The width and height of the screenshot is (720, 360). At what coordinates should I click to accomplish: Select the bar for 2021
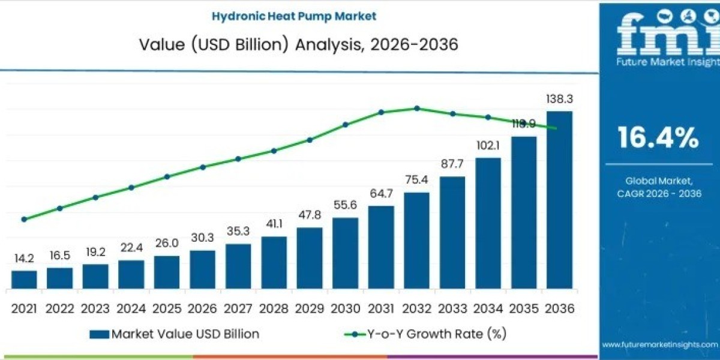[24, 280]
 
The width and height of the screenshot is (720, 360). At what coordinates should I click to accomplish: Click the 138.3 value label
[559, 99]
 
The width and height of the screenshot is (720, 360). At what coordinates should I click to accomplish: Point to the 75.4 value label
[416, 181]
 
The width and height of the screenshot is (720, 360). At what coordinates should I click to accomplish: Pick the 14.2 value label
[24, 259]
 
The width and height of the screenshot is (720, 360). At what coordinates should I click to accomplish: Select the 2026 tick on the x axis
[202, 308]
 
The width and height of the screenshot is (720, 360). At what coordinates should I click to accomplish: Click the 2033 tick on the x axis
[452, 308]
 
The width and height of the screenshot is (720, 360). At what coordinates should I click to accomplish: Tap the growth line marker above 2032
[417, 109]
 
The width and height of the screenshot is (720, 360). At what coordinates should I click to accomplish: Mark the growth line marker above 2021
[24, 220]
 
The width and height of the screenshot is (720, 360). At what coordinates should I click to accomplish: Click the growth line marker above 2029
[310, 140]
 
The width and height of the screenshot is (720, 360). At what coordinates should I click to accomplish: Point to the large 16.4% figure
[659, 138]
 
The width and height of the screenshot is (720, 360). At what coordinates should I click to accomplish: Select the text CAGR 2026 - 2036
[659, 193]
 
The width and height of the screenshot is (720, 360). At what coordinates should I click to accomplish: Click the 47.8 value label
[310, 215]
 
